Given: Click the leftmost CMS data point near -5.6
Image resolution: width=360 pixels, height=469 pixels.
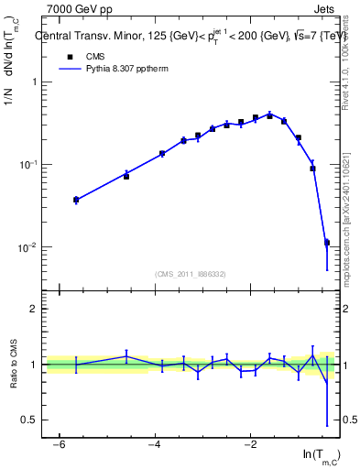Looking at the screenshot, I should tap(76, 200).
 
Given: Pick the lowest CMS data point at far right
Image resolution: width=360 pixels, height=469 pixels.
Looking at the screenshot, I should tap(327, 243).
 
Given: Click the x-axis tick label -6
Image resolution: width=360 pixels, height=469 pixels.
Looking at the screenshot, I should tap(59, 444).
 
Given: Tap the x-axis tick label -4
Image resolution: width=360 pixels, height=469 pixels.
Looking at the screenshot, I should tap(154, 444).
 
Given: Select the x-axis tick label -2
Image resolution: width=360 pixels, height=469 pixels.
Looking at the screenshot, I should tap(250, 444).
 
